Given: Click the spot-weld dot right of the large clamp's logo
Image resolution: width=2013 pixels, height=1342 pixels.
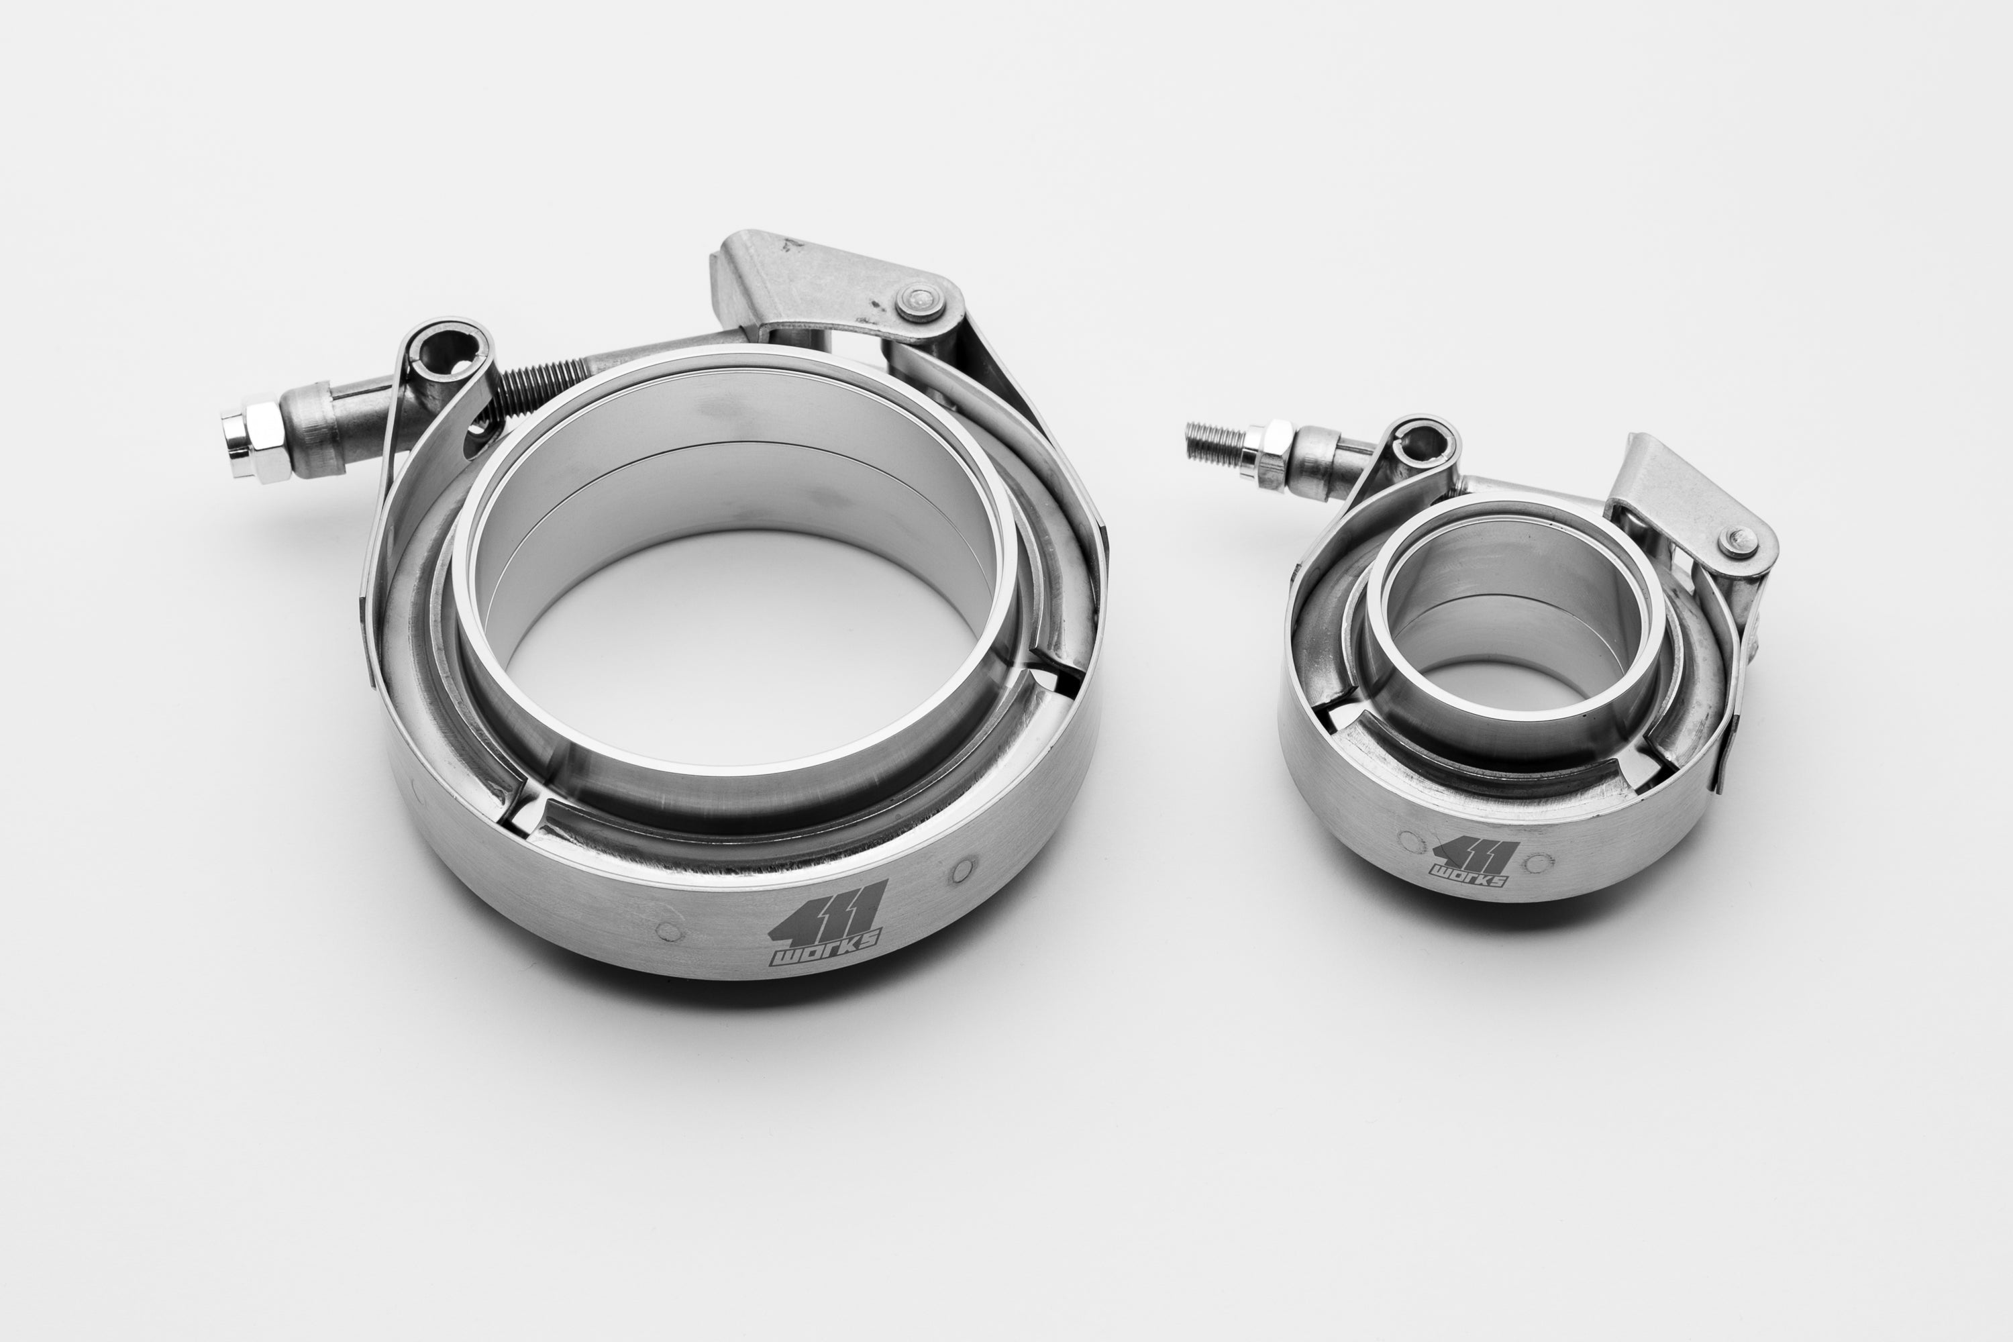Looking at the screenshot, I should pos(962,870).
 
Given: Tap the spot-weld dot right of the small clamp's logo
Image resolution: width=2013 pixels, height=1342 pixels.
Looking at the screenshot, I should pos(1539,861).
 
